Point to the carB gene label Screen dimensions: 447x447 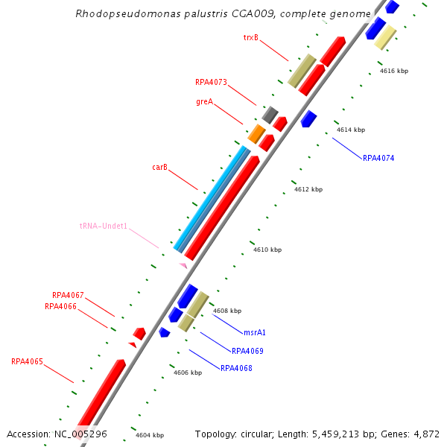click(x=159, y=168)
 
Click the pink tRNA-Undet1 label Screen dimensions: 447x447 click(x=104, y=226)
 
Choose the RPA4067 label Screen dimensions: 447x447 click(x=68, y=295)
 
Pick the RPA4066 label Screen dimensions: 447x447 click(x=60, y=306)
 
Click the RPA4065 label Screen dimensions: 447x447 click(x=27, y=362)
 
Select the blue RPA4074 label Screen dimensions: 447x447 click(x=378, y=158)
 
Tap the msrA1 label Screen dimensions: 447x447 click(x=255, y=333)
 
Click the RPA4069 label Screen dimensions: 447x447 click(x=247, y=351)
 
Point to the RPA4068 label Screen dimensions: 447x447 click(x=236, y=368)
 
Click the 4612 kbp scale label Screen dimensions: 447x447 click(x=308, y=189)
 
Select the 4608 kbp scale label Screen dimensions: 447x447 click(x=227, y=311)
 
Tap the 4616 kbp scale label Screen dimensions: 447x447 click(x=394, y=71)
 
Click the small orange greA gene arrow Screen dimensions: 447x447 click(x=256, y=134)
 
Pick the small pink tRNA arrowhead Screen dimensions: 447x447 click(x=183, y=265)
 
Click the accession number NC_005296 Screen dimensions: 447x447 click(x=80, y=434)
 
